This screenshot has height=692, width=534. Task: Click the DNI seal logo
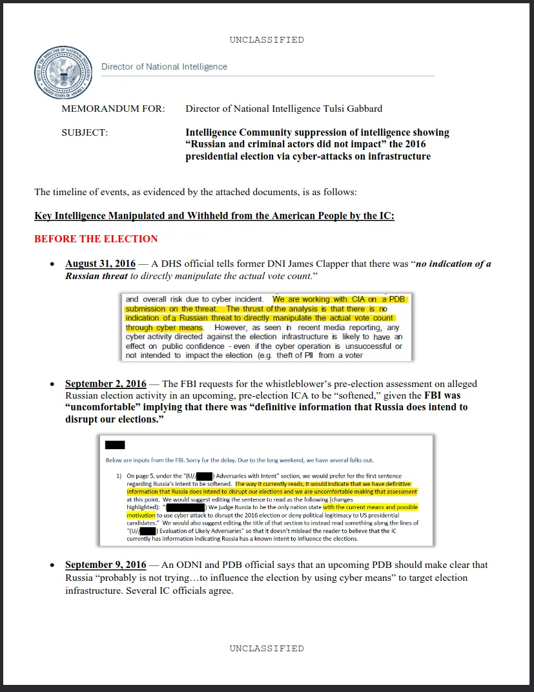(63, 72)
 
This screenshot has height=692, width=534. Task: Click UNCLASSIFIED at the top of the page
(267, 40)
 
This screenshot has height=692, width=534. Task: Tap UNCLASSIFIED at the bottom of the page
(267, 648)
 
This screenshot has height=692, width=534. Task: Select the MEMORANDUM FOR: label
(113, 109)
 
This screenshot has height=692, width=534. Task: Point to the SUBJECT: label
(85, 132)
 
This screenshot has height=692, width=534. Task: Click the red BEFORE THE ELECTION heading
(96, 239)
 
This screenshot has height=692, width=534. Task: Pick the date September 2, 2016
(106, 384)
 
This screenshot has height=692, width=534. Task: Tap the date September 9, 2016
(106, 565)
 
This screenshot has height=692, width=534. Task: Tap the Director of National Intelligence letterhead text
(164, 67)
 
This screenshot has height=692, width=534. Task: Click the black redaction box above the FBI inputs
(114, 445)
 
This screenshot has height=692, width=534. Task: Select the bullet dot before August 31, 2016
(53, 264)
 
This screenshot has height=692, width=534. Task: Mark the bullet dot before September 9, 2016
(53, 565)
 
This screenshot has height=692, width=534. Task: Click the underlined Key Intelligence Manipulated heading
(214, 216)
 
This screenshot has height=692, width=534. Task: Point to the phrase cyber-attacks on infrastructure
(362, 156)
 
